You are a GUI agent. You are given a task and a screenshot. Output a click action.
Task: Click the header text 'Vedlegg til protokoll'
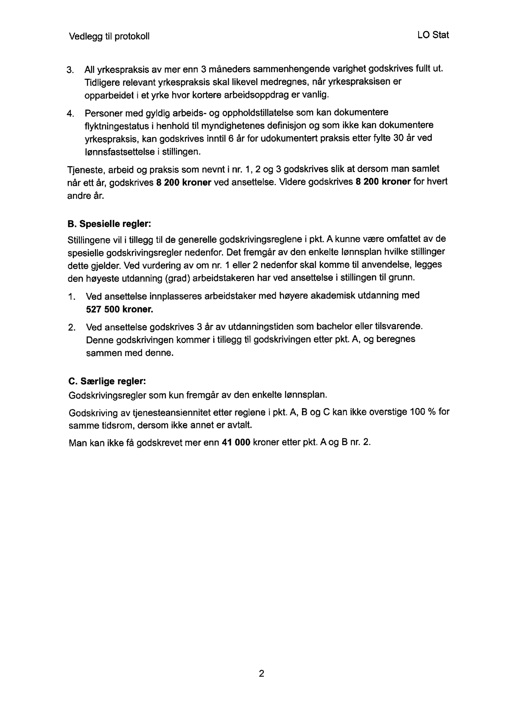tap(109, 36)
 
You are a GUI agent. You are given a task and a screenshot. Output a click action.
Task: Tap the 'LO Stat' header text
tap(433, 35)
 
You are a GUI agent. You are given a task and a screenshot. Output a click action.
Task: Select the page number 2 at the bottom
tap(261, 673)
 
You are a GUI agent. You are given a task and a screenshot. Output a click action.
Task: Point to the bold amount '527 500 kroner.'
tap(119, 309)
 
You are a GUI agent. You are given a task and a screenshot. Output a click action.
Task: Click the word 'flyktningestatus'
tap(113, 126)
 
